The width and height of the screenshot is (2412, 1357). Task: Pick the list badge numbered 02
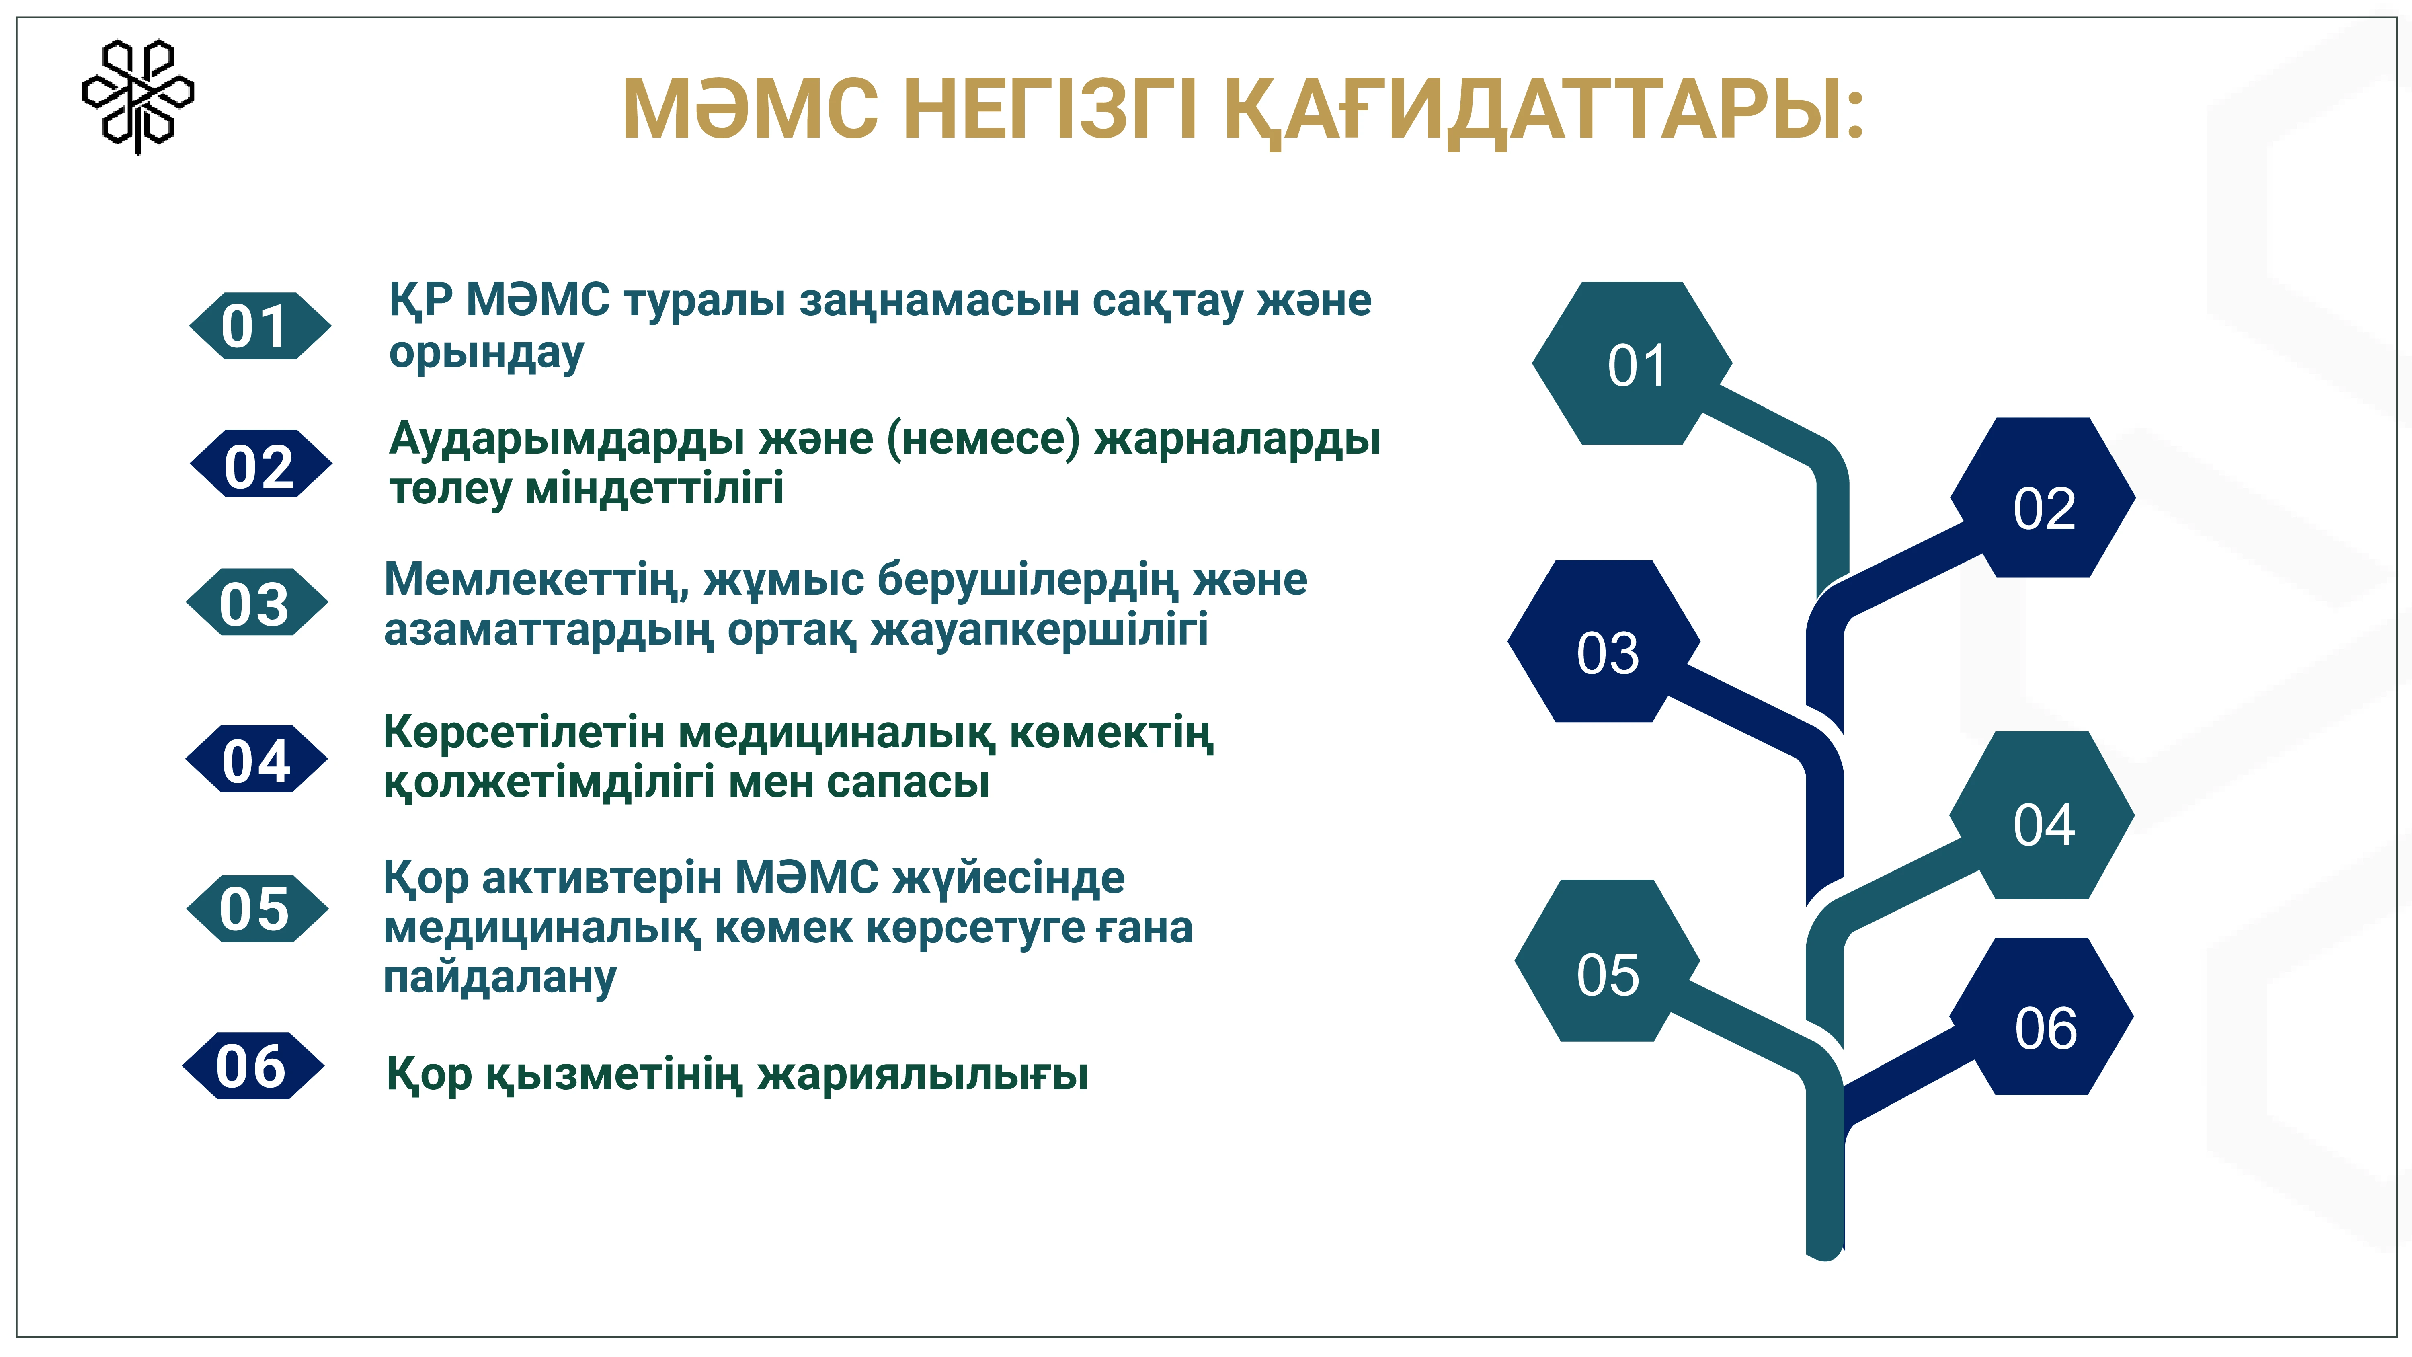[260, 464]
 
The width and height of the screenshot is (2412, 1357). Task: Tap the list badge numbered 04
[256, 759]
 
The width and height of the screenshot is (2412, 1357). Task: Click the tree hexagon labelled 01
[1632, 363]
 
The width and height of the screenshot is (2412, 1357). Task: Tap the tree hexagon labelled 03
[1604, 641]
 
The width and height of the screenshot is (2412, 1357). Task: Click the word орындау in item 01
[486, 354]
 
